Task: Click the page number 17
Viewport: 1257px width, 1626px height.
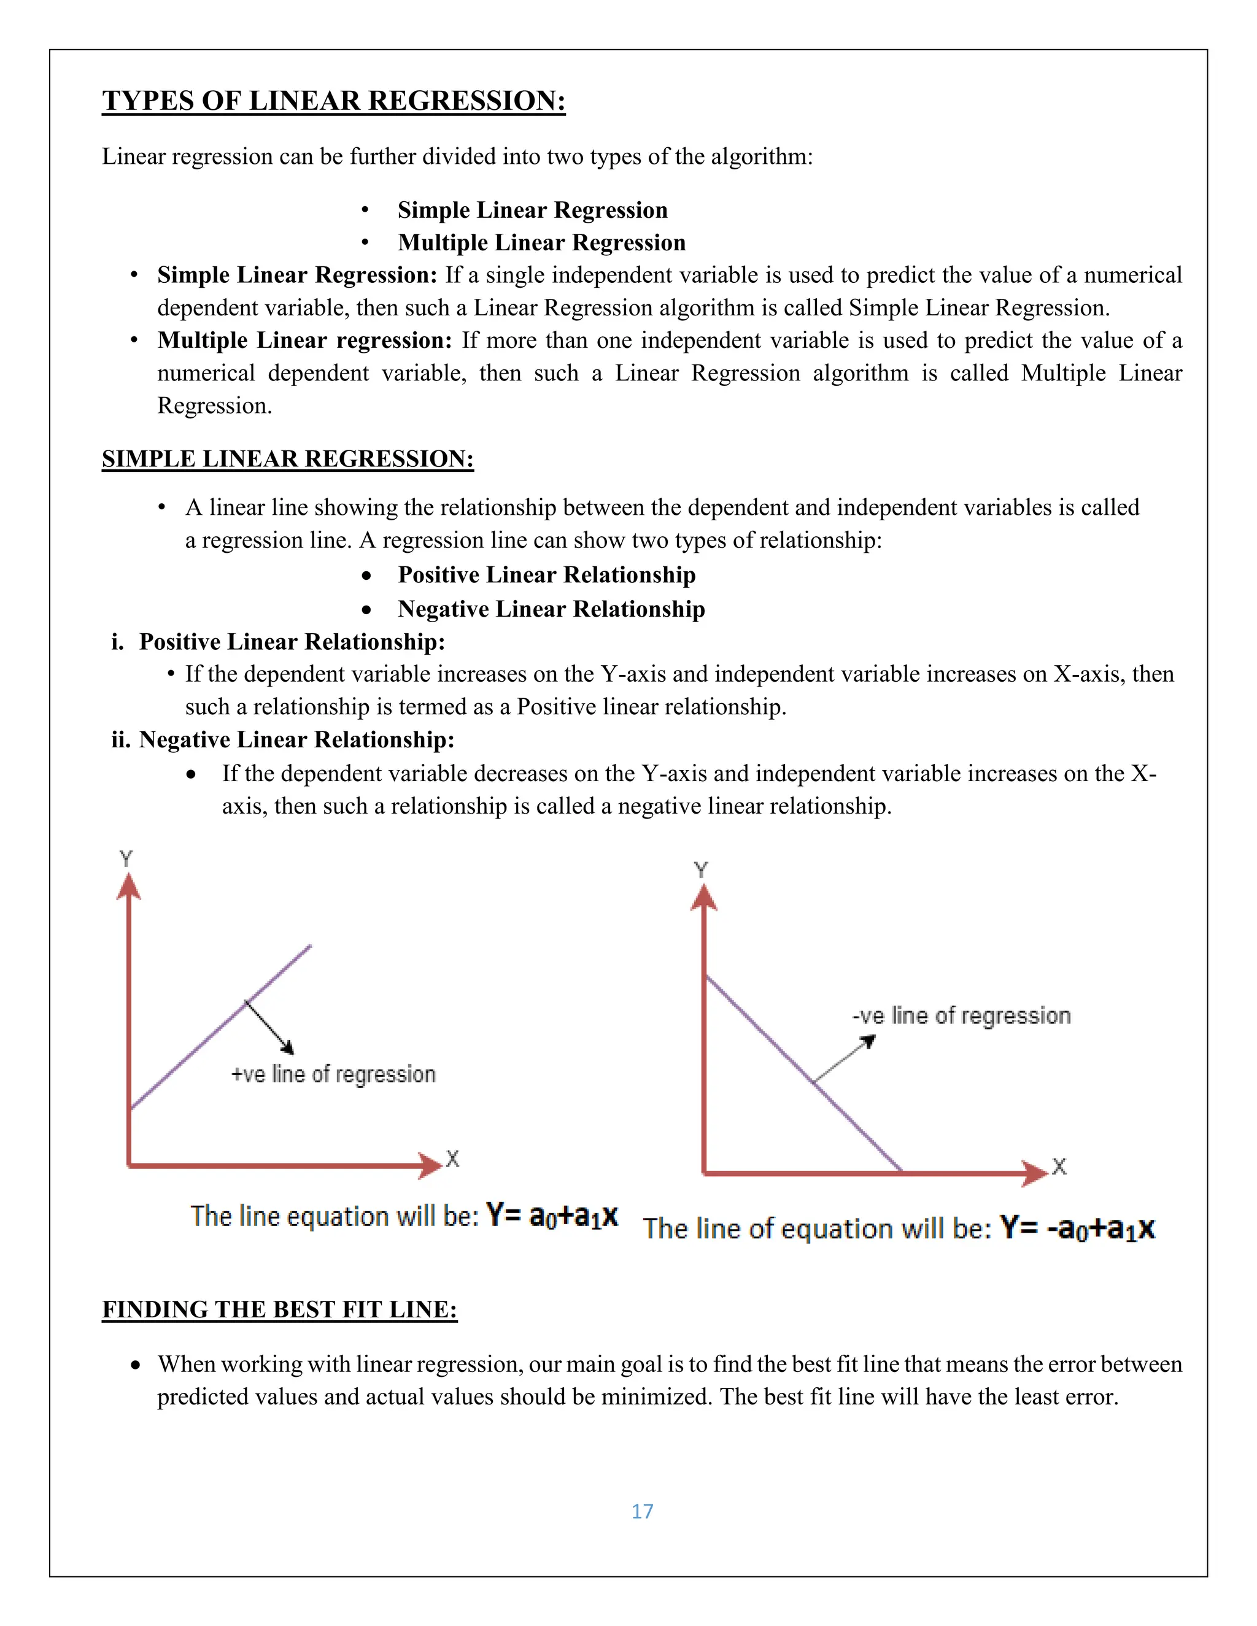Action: [x=642, y=1511]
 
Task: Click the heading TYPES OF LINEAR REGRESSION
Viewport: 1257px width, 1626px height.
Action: [x=334, y=101]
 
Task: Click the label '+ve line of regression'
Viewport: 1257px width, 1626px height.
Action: [x=333, y=1074]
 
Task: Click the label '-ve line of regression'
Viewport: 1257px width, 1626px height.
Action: [x=961, y=1015]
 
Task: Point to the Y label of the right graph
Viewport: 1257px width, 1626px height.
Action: [x=701, y=869]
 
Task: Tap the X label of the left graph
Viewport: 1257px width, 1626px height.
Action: [x=452, y=1158]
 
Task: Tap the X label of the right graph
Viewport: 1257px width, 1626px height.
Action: [x=1059, y=1166]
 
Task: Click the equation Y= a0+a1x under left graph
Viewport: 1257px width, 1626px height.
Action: [x=552, y=1216]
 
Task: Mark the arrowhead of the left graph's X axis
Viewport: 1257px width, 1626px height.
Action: [x=430, y=1165]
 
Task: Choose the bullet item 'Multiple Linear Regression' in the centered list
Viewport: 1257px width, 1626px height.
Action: [x=541, y=243]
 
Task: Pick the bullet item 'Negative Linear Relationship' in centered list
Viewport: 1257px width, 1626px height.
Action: [x=551, y=609]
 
